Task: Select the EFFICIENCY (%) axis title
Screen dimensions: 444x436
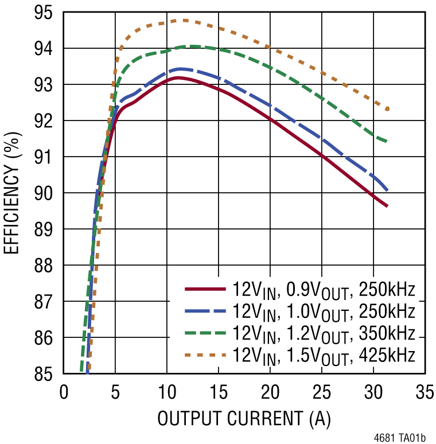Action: [13, 193]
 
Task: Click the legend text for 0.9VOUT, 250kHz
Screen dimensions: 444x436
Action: [324, 290]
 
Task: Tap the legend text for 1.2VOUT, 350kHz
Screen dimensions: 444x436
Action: [324, 333]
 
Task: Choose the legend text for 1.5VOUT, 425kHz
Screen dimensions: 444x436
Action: [324, 355]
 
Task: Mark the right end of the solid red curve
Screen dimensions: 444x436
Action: [387, 206]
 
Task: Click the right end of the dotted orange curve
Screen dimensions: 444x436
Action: [388, 108]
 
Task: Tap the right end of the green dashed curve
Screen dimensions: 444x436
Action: [388, 141]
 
